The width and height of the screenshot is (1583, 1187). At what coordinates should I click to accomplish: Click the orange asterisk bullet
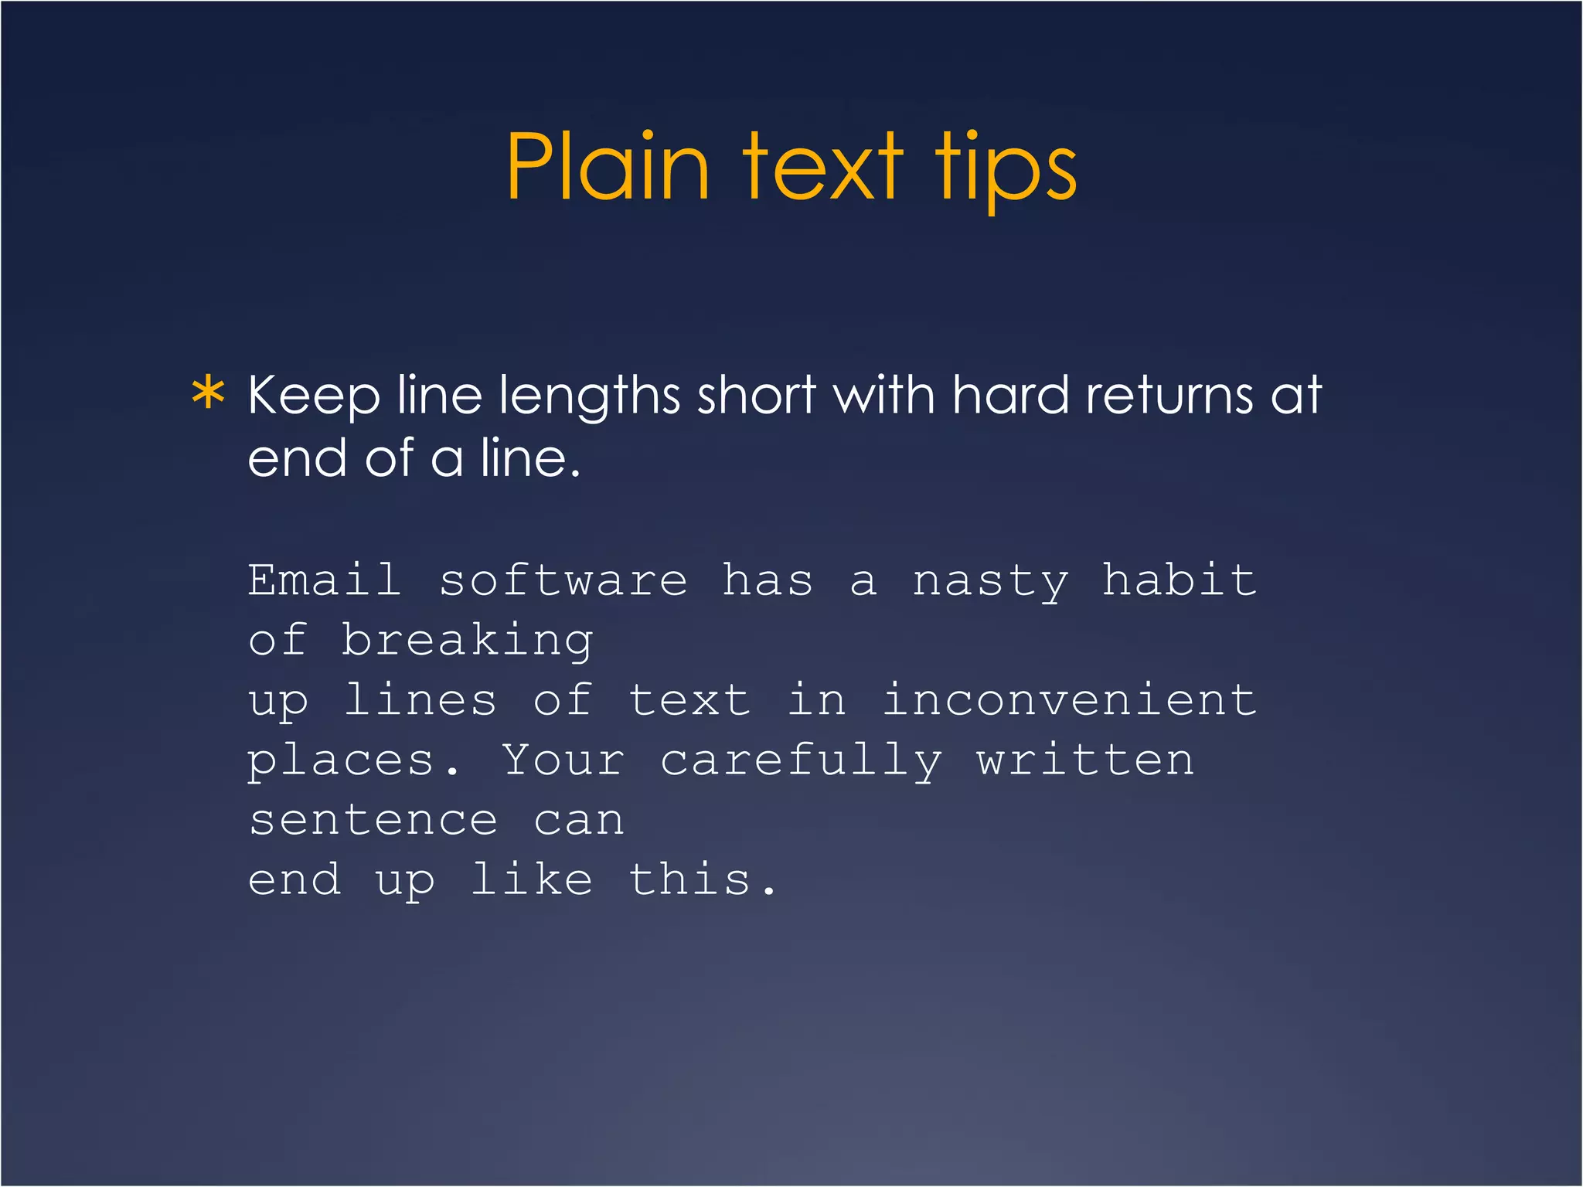point(208,394)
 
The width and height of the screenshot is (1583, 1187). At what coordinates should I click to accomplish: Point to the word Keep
point(313,396)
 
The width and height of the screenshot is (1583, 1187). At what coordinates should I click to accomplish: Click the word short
point(756,396)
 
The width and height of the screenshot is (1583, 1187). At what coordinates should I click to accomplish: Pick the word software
point(563,581)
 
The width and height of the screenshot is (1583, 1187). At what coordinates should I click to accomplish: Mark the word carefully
point(801,761)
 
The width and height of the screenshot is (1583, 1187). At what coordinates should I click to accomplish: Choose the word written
point(1085,760)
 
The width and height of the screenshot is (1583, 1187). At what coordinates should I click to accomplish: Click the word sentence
point(373,821)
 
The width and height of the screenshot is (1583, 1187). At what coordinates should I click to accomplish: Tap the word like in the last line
point(532,879)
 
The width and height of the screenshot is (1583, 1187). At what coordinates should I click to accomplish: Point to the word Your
point(563,760)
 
